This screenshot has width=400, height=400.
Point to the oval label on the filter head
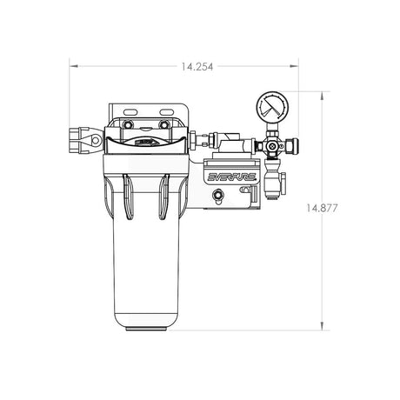pos(144,137)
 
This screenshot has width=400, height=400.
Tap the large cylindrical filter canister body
pos(143,261)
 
